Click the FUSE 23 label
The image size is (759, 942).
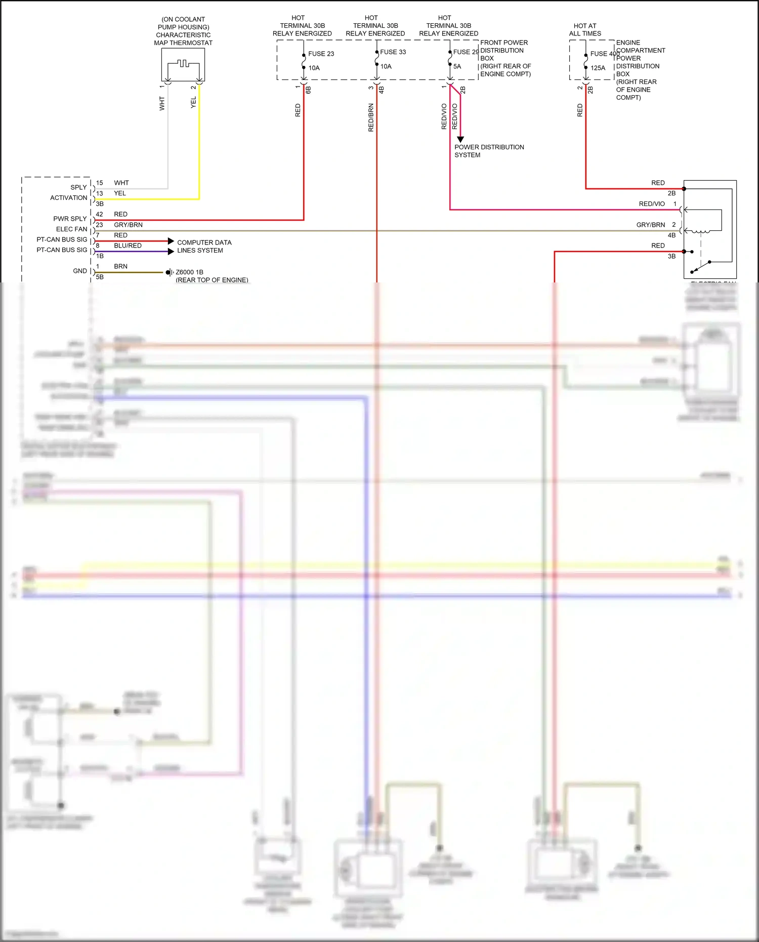[321, 54]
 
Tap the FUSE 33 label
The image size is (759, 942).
[393, 52]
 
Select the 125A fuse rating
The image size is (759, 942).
[598, 68]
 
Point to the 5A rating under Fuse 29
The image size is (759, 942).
[457, 66]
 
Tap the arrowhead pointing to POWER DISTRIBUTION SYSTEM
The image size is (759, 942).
[460, 139]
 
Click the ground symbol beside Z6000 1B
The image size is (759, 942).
[170, 272]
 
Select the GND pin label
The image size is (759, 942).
[80, 271]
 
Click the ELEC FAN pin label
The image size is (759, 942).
[71, 229]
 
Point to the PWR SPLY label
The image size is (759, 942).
[70, 219]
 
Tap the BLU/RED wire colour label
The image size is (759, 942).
[128, 245]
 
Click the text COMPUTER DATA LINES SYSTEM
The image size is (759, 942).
[204, 247]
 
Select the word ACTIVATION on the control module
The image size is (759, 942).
[68, 198]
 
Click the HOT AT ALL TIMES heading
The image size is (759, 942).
[585, 29]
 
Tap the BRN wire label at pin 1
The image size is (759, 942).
[120, 266]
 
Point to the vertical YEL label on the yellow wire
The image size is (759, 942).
[193, 102]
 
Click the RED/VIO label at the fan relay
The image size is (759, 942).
[652, 204]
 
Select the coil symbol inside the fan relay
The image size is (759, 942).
[701, 231]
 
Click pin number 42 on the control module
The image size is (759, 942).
[99, 214]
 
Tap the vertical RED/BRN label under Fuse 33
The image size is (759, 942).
[371, 117]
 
